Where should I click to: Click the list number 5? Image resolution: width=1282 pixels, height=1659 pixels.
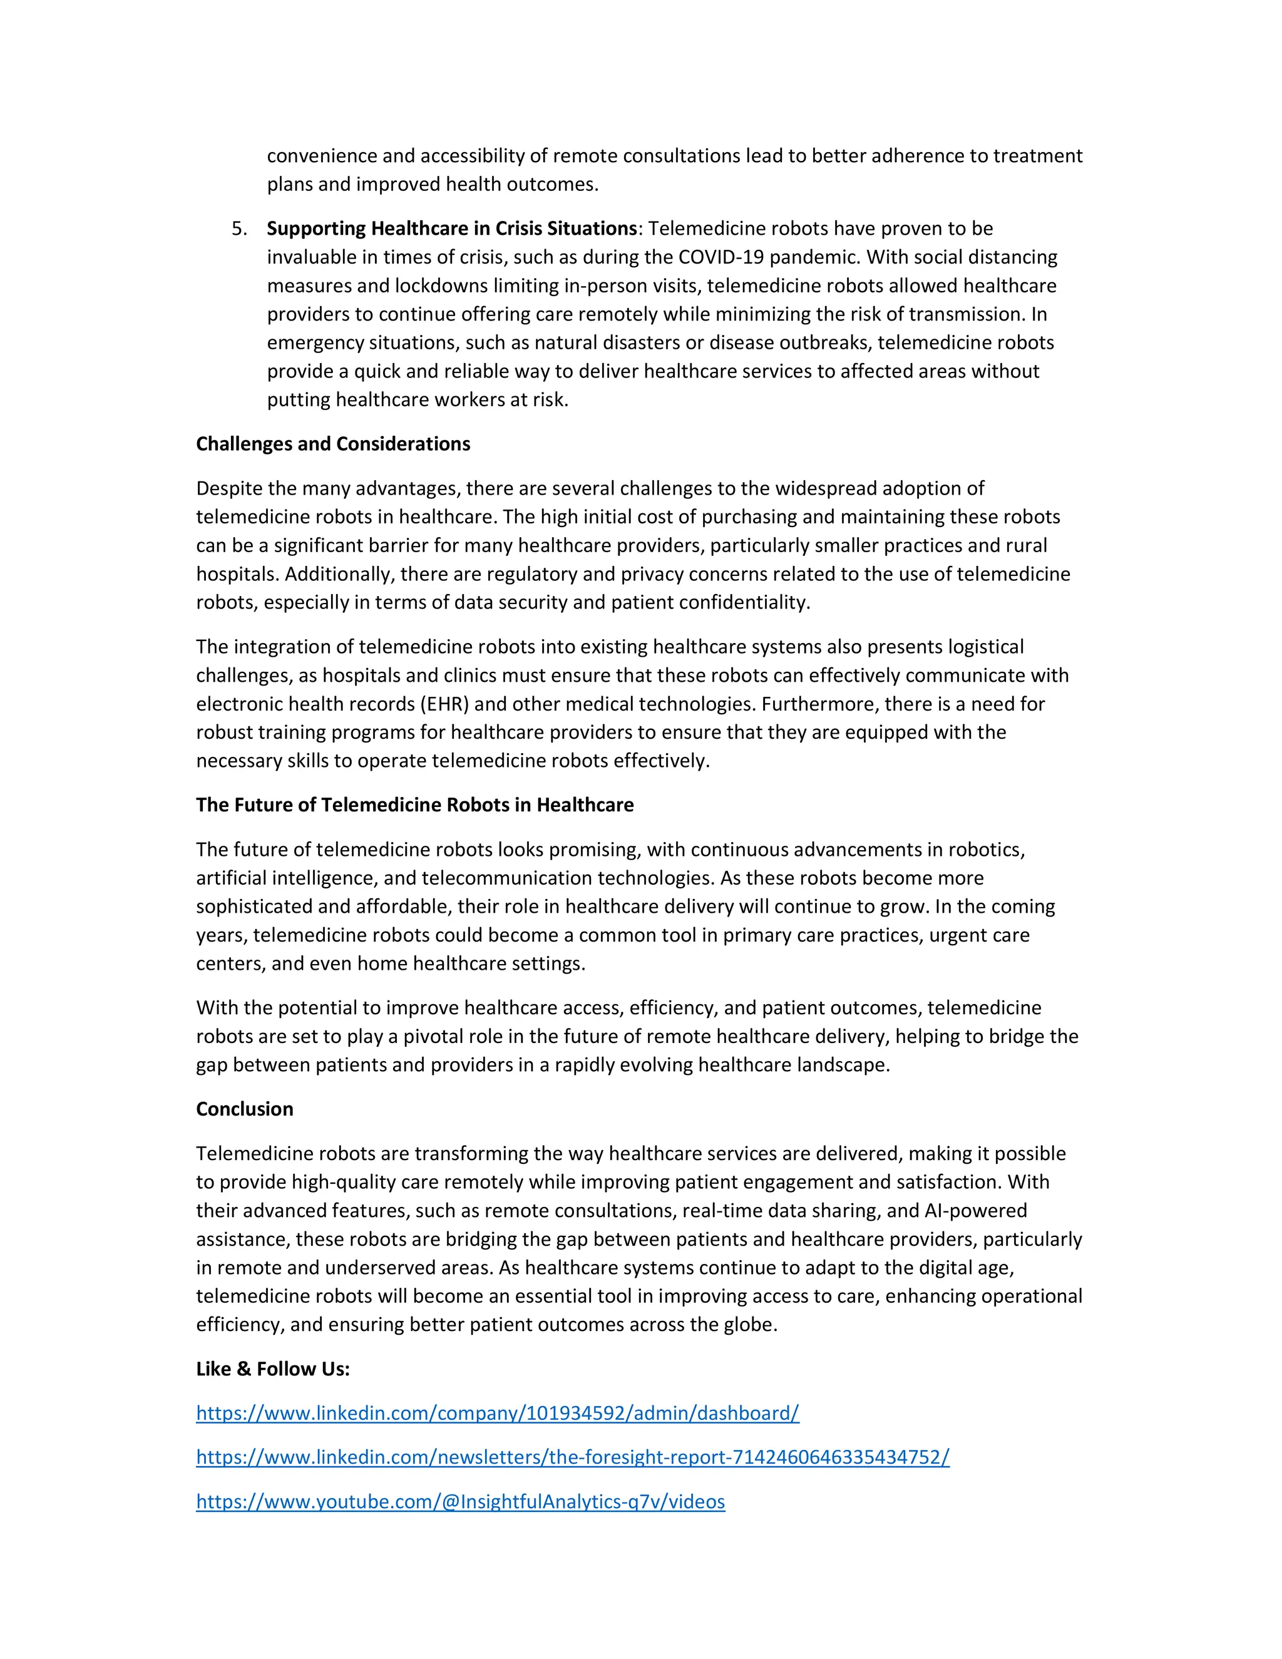click(238, 229)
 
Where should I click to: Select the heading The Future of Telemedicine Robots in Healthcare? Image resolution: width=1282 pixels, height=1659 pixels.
click(414, 804)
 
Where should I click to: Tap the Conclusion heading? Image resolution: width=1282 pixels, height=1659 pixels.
click(245, 1109)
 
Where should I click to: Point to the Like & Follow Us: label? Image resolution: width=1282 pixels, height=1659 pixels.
click(273, 1369)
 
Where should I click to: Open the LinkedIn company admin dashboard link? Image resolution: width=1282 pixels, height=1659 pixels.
click(498, 1413)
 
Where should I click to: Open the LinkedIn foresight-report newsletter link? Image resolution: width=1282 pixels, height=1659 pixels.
click(573, 1457)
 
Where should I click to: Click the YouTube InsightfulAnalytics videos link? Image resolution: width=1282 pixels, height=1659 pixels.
click(460, 1502)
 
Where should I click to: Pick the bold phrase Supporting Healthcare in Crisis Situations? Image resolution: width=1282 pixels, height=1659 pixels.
click(452, 229)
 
